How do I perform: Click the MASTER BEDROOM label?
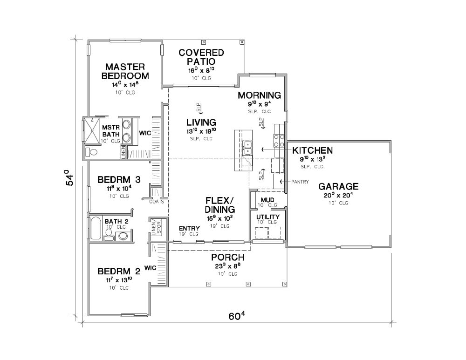(125, 71)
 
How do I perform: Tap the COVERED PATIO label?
(201, 57)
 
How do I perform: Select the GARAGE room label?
(338, 187)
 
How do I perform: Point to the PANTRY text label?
(300, 182)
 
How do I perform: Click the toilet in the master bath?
(91, 152)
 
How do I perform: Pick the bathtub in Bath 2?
(96, 228)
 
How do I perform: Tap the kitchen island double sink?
(247, 148)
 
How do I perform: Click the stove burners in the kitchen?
(279, 141)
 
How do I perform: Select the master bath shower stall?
(91, 130)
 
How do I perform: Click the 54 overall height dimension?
(69, 177)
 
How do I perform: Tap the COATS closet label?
(157, 202)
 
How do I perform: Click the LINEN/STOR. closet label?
(156, 228)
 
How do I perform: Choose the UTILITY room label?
(268, 217)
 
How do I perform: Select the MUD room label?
(267, 200)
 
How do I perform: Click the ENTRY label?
(189, 228)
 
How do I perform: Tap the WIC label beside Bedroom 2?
(151, 268)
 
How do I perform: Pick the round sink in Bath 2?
(123, 236)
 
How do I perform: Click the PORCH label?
(228, 257)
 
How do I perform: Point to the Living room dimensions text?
(201, 131)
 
